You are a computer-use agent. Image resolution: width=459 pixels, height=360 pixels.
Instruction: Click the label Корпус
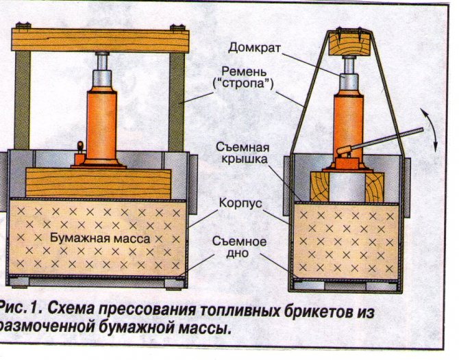pyautogui.click(x=238, y=204)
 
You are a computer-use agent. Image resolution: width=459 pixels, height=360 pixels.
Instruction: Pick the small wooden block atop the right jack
pyautogui.click(x=348, y=44)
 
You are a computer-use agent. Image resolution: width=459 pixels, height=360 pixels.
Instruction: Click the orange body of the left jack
pyautogui.click(x=101, y=123)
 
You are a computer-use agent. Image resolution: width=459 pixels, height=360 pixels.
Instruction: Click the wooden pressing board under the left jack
pyautogui.click(x=98, y=183)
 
